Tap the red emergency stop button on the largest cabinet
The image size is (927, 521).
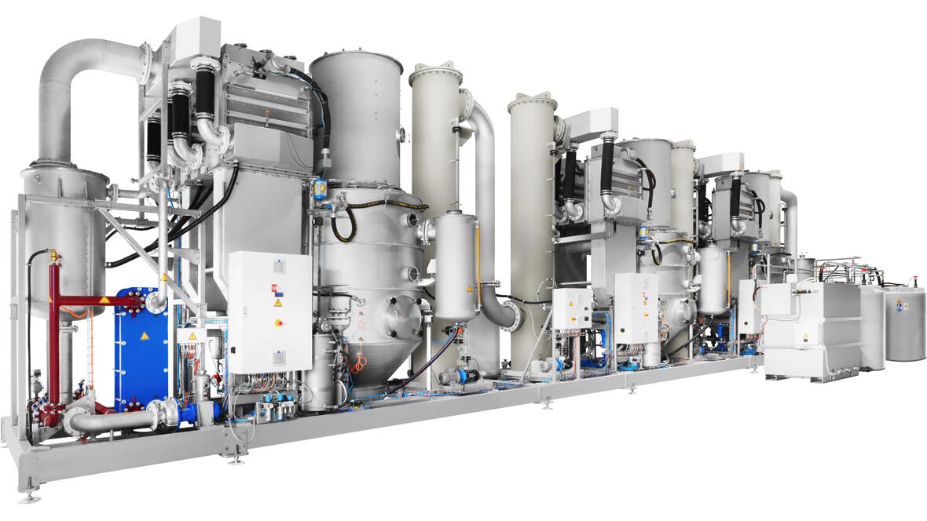pos(279,322)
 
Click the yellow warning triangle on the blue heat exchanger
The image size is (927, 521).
pos(144,335)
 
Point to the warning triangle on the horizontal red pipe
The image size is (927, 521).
pos(104,300)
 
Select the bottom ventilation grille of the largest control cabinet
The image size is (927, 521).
pos(277,359)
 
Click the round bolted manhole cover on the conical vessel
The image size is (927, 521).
pos(404,317)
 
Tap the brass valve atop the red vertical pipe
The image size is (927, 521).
pos(54,256)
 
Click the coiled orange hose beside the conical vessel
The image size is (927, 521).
pos(359,362)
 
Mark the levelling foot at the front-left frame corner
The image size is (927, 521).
pos(30,494)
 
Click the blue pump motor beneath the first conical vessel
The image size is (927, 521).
pos(456,376)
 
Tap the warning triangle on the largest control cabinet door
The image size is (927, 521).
pos(278,303)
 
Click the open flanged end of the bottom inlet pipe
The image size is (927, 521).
pos(72,424)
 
